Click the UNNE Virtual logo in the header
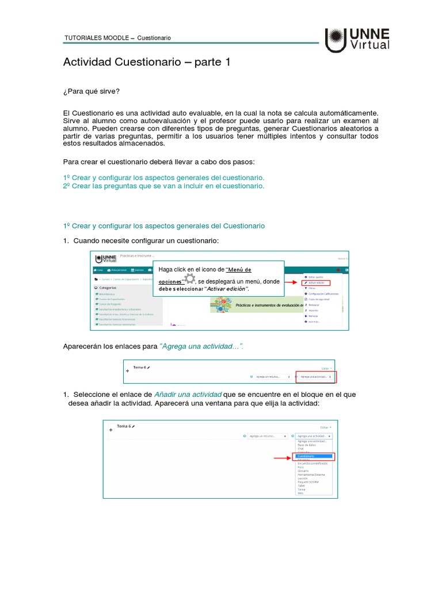point(357,40)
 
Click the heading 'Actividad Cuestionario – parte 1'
point(146,62)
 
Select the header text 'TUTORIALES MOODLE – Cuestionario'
point(117,38)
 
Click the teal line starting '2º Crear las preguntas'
point(163,186)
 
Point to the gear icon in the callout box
point(189,280)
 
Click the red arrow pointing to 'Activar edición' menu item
point(291,283)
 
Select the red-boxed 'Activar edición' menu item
point(321,283)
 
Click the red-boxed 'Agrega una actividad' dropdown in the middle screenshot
point(316,377)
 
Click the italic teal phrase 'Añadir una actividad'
point(188,394)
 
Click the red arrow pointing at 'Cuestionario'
point(281,458)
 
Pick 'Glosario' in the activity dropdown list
point(304,471)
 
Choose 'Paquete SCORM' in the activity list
point(308,481)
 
